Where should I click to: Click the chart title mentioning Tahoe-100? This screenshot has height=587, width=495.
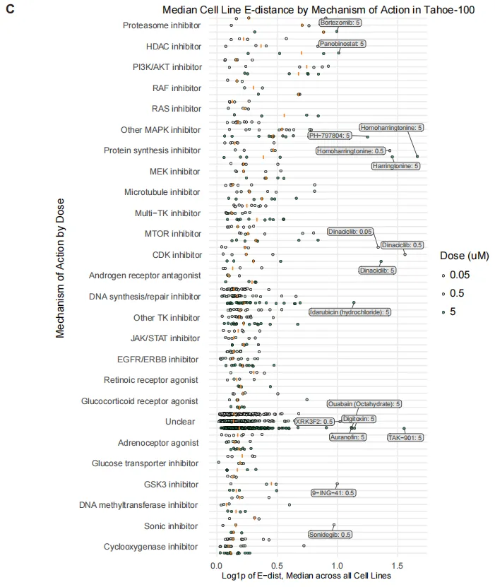coord(318,10)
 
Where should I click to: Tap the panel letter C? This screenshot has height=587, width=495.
coord(10,11)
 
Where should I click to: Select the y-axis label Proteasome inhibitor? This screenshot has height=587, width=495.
coord(162,25)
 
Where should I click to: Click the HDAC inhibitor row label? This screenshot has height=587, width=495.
coord(173,47)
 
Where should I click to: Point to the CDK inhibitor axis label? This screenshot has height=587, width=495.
coord(177,254)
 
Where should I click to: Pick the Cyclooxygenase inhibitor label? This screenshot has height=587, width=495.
coord(150,547)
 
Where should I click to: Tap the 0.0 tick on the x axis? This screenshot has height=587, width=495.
coord(217,565)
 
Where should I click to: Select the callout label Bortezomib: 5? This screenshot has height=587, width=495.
coord(342,23)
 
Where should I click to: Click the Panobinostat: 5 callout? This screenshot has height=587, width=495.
coord(342,44)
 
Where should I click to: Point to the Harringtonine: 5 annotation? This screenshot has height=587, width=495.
coord(396,166)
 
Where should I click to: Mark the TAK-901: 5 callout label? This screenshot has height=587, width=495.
coord(405,437)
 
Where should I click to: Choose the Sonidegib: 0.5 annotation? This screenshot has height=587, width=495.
coord(330,535)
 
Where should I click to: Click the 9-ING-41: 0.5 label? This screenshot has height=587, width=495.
coord(333,493)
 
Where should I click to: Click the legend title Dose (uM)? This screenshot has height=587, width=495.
coord(459,255)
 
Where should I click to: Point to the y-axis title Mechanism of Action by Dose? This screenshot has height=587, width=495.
coord(60,276)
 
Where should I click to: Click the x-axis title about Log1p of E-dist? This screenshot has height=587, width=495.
coord(306,576)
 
